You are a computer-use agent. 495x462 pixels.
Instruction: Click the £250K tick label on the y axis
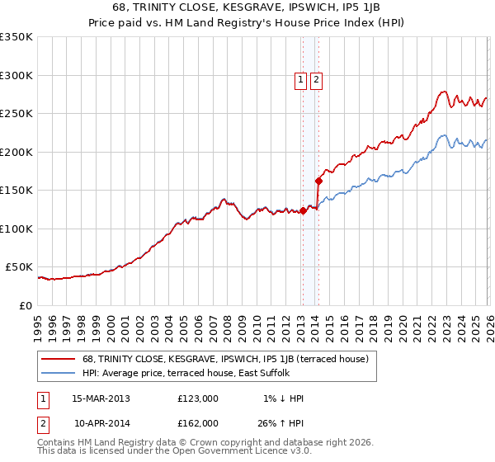(x=16, y=114)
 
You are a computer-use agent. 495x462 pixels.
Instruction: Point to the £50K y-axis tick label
(x=18, y=267)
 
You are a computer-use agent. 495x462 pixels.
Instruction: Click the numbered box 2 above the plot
(x=316, y=80)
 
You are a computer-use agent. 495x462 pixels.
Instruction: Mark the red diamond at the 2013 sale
(x=303, y=211)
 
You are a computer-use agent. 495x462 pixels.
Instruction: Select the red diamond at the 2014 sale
(x=318, y=181)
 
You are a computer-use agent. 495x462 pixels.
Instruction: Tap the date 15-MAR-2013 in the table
(x=101, y=398)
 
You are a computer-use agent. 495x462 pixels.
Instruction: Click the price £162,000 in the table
(x=197, y=422)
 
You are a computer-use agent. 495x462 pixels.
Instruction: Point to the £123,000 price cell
(x=197, y=398)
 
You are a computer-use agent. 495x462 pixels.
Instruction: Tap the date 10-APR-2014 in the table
(x=101, y=422)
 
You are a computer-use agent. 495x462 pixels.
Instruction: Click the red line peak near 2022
(x=444, y=92)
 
